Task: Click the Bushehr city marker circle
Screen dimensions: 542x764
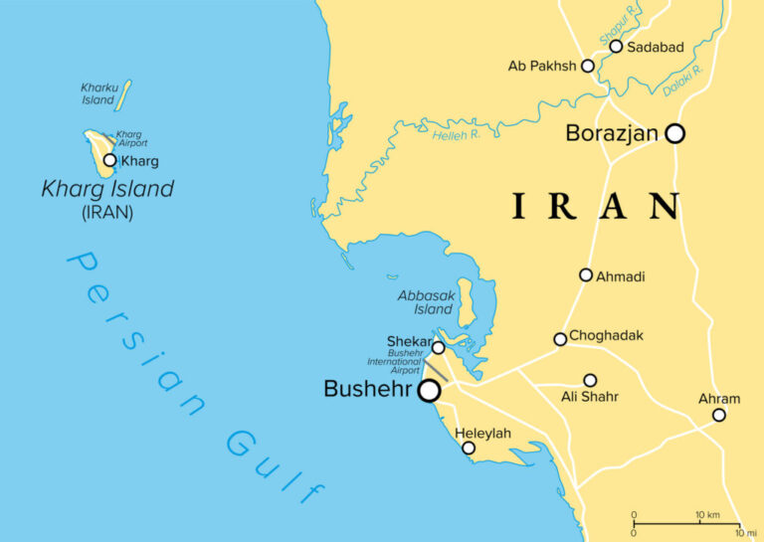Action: [429, 391]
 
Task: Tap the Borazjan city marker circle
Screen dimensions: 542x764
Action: [674, 133]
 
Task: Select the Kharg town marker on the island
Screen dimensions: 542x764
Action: [109, 159]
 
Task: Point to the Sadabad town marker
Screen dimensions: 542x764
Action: [616, 46]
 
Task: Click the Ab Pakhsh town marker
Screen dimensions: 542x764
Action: [587, 66]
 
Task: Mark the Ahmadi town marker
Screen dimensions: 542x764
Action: [586, 274]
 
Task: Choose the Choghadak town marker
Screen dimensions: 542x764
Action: [560, 339]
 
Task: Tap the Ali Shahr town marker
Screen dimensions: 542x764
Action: [590, 380]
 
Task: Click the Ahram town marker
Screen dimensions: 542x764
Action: [719, 415]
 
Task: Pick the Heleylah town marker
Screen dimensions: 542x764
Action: [469, 448]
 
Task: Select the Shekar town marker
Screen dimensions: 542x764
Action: [438, 347]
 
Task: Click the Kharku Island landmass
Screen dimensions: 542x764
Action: [123, 95]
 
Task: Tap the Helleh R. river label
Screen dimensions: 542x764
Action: [457, 134]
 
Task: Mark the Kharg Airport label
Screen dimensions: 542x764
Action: [131, 139]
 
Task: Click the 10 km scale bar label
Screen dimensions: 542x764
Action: [706, 514]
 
